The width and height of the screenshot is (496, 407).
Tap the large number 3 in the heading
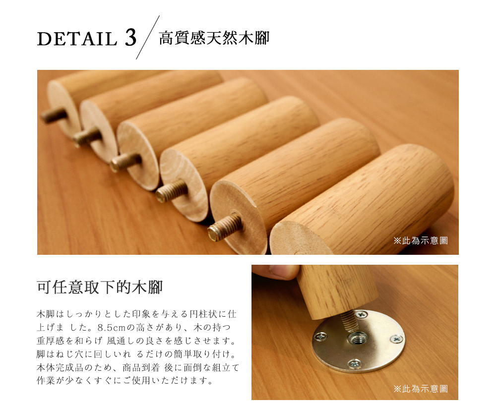[130, 39]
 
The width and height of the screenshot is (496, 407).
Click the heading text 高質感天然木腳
[214, 38]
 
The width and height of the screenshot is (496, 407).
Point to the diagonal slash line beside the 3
[148, 38]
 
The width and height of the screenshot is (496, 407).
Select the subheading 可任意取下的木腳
[100, 288]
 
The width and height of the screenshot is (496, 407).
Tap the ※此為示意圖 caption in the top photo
[421, 240]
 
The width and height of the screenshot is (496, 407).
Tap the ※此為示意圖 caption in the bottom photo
[421, 389]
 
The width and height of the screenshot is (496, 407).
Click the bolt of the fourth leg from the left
[172, 190]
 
